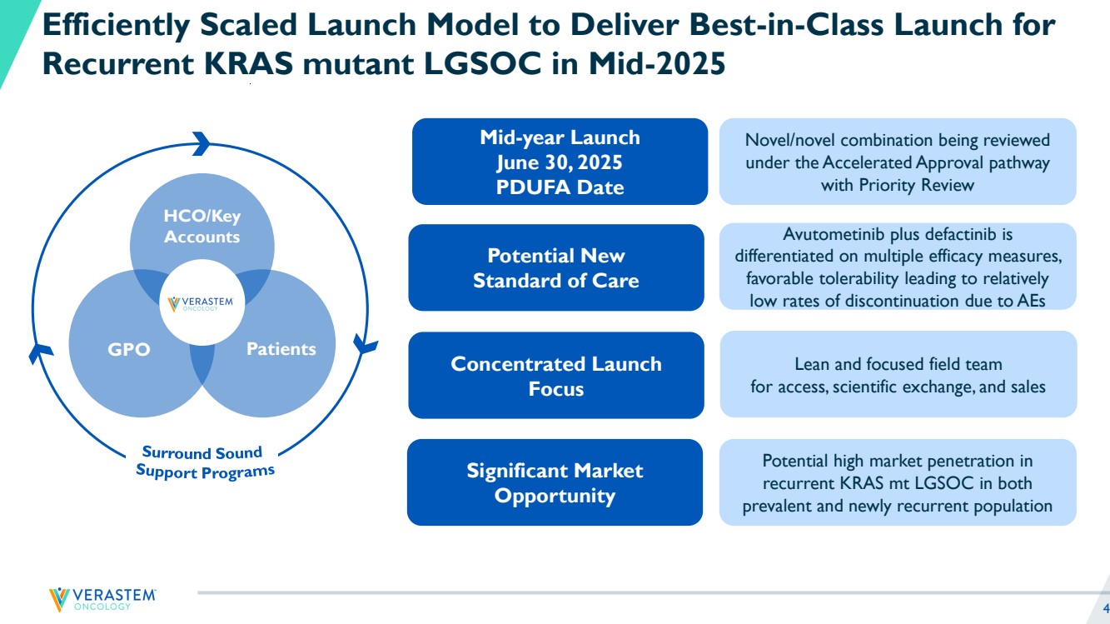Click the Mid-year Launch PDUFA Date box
560,162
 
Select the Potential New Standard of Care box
555,267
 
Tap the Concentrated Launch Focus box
555,376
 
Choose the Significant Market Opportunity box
555,483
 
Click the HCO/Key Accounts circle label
202,227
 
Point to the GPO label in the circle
129,350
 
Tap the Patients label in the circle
281,348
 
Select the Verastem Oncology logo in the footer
102,598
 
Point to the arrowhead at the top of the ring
202,143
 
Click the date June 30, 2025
559,162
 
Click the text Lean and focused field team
898,364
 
